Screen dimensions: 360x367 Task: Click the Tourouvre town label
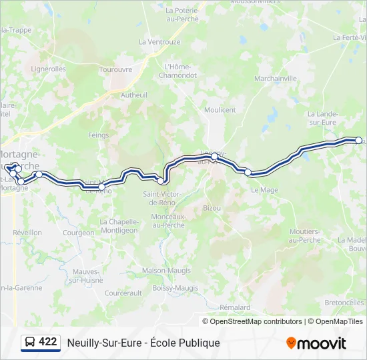(x=115, y=69)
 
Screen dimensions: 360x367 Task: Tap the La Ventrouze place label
(x=159, y=41)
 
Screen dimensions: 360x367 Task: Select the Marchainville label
(x=275, y=78)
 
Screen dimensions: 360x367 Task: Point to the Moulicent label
(x=220, y=110)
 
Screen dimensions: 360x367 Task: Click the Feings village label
(x=98, y=135)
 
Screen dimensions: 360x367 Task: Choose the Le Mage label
(x=264, y=190)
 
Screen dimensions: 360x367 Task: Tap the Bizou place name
(x=212, y=208)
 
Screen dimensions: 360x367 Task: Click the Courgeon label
(x=79, y=233)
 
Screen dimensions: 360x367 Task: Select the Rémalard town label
(x=234, y=307)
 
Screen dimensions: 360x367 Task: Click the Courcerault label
(x=123, y=293)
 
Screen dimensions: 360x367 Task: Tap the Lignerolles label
(x=48, y=69)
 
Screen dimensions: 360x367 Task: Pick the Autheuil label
(x=133, y=95)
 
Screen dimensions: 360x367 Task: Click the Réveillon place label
(x=27, y=233)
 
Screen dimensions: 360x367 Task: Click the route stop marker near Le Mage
(x=248, y=172)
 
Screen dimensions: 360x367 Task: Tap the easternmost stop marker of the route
(x=358, y=140)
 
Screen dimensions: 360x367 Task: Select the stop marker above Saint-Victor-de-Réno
(x=161, y=181)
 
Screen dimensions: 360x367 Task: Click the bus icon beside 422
(x=30, y=342)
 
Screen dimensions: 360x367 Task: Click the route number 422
(x=48, y=342)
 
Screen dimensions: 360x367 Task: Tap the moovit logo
(x=316, y=343)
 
